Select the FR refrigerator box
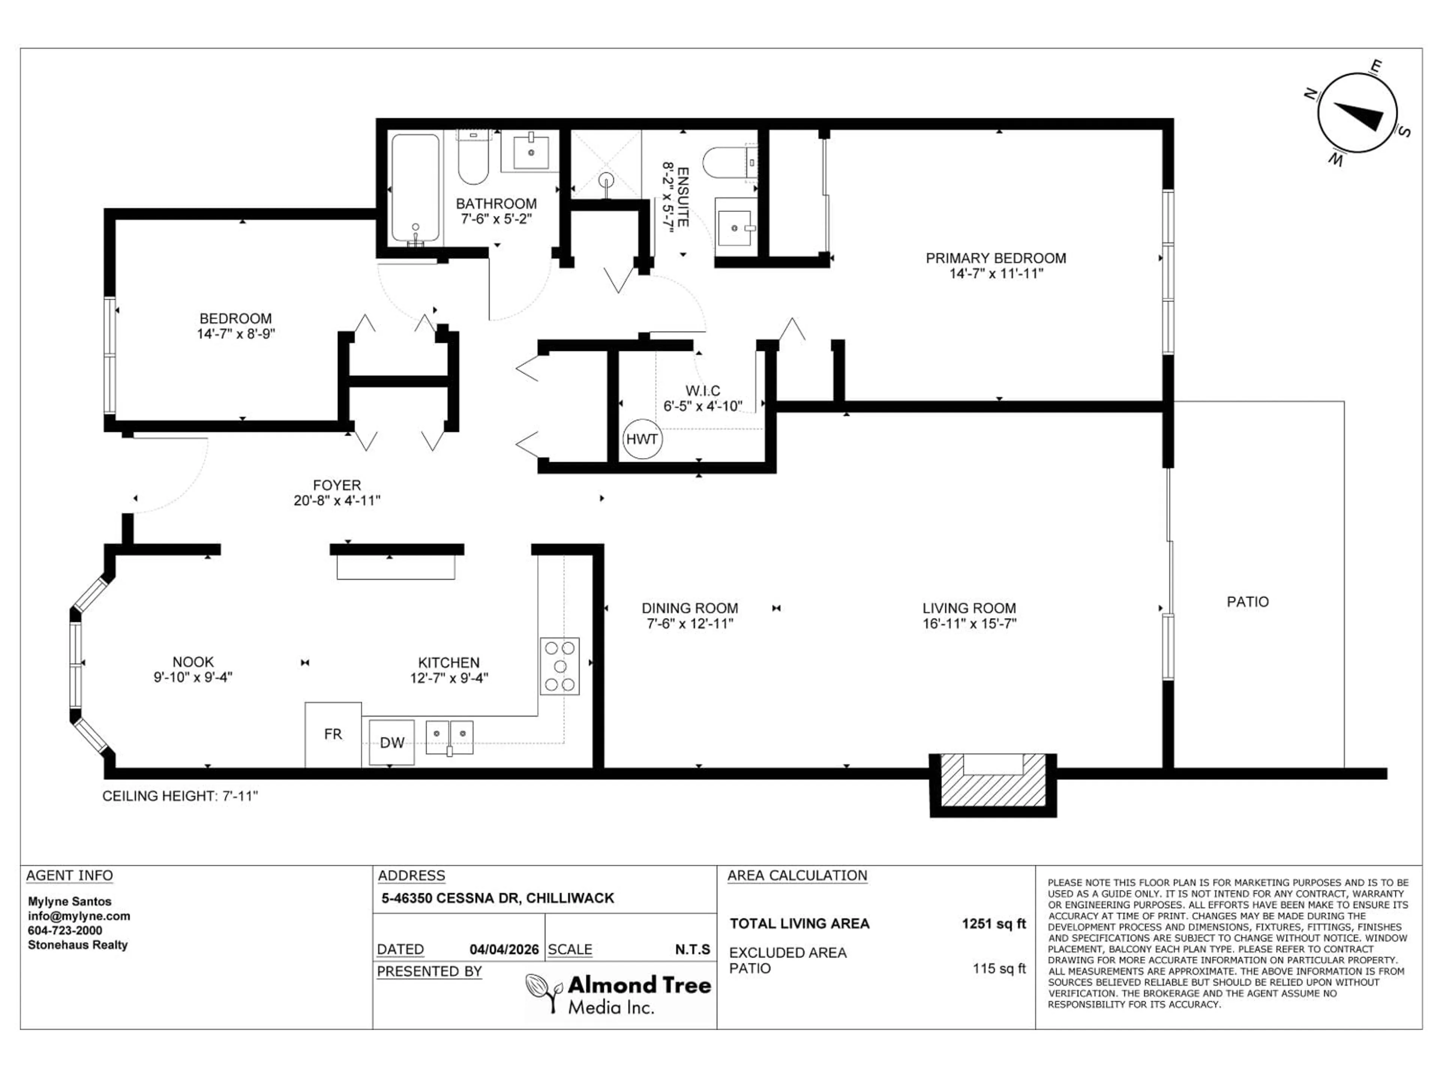point(333,734)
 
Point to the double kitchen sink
point(449,737)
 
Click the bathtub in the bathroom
point(415,189)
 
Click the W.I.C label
point(702,391)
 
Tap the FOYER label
point(337,485)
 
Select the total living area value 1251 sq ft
point(993,923)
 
